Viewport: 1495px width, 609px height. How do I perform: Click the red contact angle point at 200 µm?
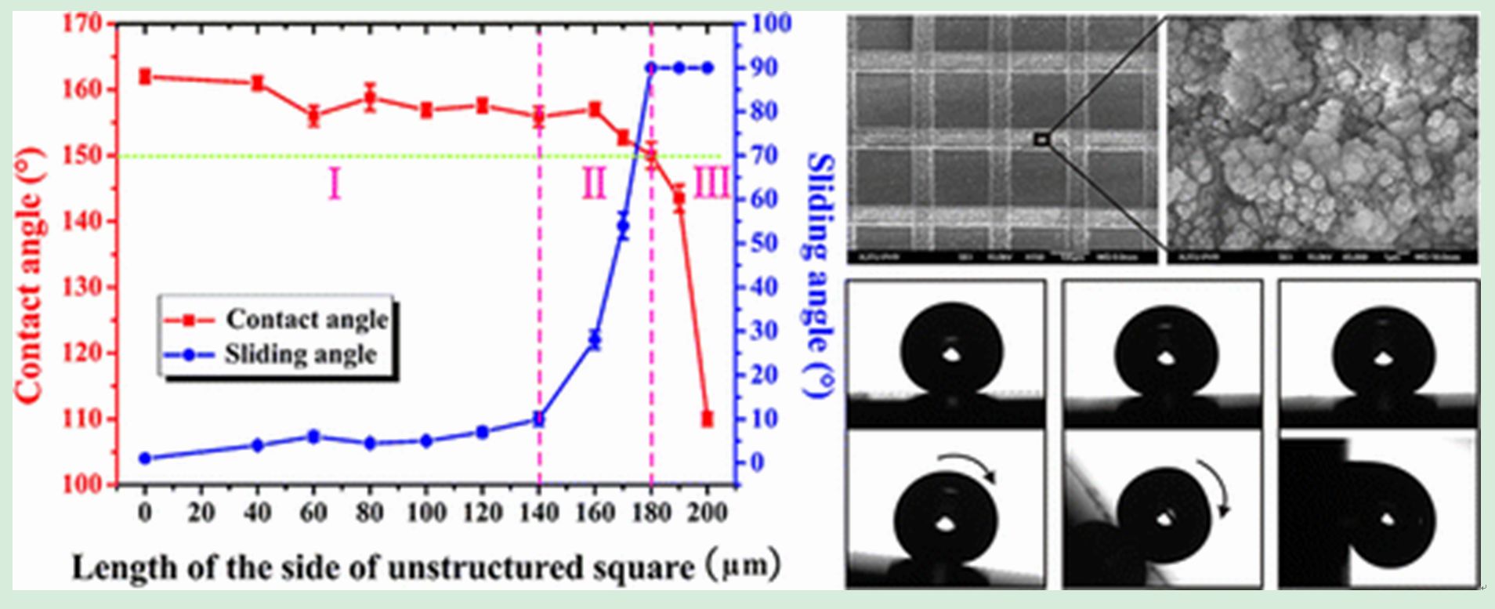tap(707, 419)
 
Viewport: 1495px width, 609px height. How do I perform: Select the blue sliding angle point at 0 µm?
tap(145, 459)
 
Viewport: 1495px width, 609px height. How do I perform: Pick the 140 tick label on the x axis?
tap(539, 513)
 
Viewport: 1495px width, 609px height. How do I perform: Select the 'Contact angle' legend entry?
tap(306, 319)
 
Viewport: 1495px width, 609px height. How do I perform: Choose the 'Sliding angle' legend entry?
tap(301, 354)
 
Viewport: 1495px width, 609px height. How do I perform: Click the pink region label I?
tap(335, 184)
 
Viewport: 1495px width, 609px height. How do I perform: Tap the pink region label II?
tap(594, 184)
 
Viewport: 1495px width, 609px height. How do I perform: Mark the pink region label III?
tap(711, 184)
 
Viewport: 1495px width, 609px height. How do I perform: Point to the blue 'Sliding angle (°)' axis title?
tap(820, 274)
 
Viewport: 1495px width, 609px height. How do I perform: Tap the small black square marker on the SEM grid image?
tap(1041, 140)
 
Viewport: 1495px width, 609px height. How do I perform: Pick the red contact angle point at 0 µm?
tap(145, 76)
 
